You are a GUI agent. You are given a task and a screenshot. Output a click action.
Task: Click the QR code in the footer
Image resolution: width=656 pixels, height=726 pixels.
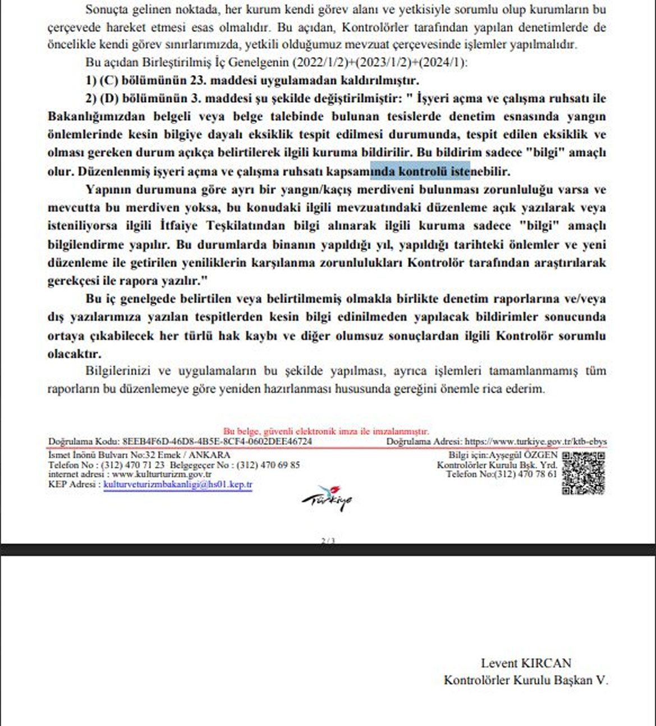point(584,472)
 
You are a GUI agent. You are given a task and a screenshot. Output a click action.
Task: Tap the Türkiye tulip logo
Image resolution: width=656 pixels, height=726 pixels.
point(328,497)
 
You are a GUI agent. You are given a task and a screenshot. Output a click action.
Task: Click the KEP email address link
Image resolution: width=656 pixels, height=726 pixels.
point(178,485)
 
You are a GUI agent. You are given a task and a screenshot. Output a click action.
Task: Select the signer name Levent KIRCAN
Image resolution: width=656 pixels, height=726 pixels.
point(526,663)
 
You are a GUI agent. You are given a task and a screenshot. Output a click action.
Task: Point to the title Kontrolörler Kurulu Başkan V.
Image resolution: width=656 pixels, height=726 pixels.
point(526,680)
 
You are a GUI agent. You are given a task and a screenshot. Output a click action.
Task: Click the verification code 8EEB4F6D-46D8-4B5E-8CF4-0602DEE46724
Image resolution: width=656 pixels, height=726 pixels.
point(217,442)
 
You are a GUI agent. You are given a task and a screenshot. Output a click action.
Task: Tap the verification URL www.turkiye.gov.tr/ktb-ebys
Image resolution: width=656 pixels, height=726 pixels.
point(536,442)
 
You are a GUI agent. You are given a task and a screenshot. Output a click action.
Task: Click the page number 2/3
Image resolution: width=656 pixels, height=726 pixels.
point(328,541)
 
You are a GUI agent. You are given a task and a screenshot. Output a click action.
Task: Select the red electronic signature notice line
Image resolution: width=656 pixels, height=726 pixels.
point(326,431)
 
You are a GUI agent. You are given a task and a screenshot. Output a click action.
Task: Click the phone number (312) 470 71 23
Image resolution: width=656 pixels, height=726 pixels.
point(132,465)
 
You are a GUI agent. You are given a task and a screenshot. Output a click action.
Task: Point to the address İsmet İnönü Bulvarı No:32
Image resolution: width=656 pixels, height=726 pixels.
point(104,455)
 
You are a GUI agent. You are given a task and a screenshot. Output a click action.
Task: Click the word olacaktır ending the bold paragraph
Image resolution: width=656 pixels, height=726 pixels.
point(74,354)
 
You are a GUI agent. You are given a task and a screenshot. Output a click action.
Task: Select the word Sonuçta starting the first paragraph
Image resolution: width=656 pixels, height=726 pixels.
point(107,10)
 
